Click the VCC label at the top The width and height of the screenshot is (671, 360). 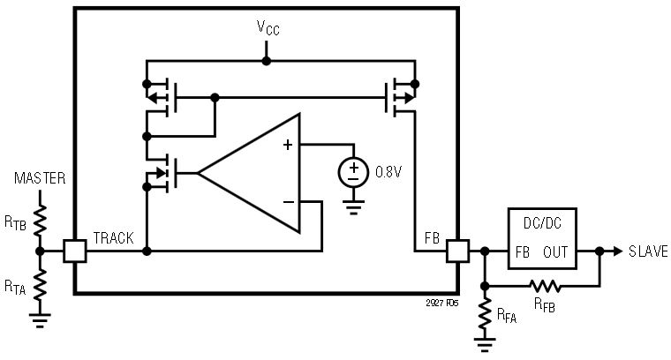pyautogui.click(x=267, y=28)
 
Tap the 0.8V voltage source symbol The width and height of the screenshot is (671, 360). pyautogui.click(x=353, y=171)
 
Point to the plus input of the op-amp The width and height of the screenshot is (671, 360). pyautogui.click(x=288, y=145)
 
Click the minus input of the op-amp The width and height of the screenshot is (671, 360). pyautogui.click(x=288, y=202)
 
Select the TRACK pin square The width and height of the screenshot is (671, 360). pyautogui.click(x=75, y=251)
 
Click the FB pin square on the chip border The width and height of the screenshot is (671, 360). pyautogui.click(x=457, y=251)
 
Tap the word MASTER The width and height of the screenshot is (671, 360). pyautogui.click(x=41, y=179)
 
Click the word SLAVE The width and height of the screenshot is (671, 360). pyautogui.click(x=648, y=251)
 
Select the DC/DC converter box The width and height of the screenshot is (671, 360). pyautogui.click(x=540, y=238)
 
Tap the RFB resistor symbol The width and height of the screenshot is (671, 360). pyautogui.click(x=544, y=286)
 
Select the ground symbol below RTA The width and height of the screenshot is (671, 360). pyautogui.click(x=41, y=321)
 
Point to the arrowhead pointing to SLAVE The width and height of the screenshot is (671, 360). pyautogui.click(x=616, y=251)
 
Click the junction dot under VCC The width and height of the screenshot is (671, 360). pyautogui.click(x=267, y=61)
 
